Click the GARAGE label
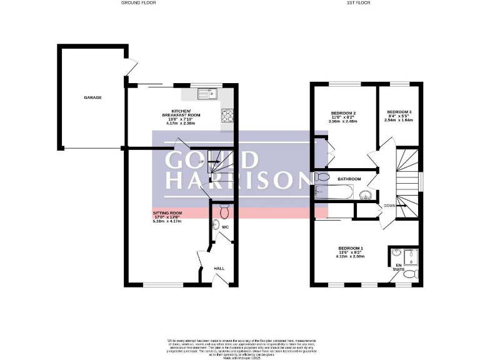coord(93,97)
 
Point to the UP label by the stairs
coord(201,162)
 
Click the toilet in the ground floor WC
coord(224,207)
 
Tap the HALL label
coord(219,268)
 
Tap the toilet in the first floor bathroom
coord(320,177)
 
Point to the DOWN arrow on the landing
coord(389,206)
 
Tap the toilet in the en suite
coord(409,274)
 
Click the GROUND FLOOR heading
coord(139,3)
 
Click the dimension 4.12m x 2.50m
coord(349,256)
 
